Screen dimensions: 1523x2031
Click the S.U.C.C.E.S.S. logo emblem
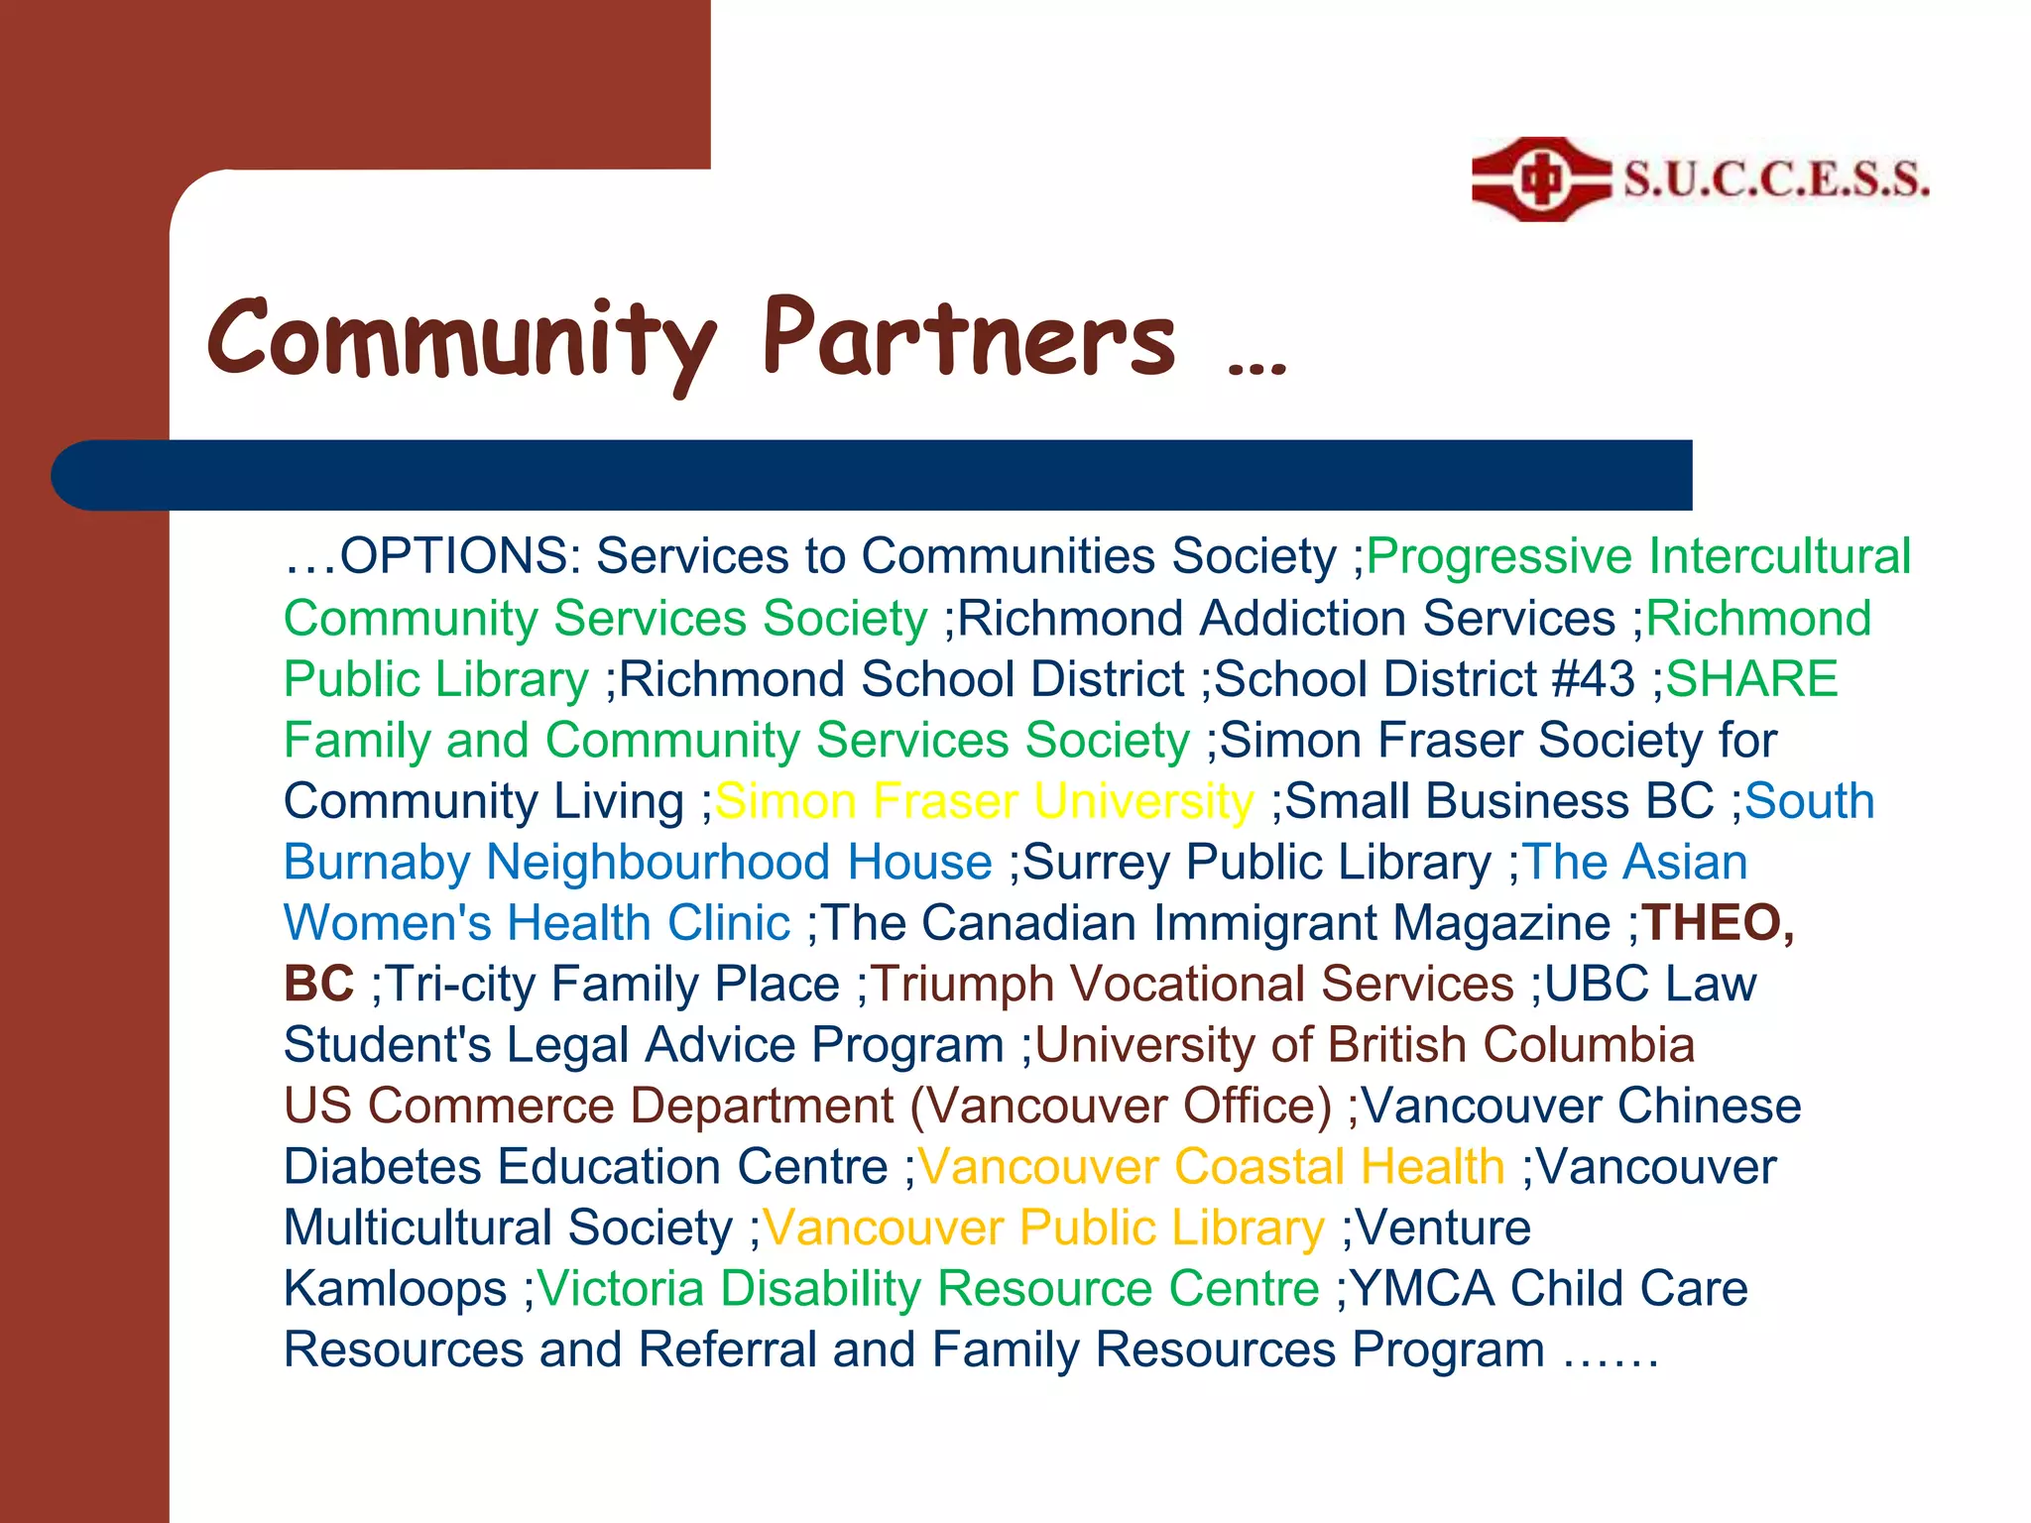pos(1540,179)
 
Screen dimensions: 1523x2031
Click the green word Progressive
pos(1498,556)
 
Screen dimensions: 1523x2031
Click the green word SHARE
pos(1751,680)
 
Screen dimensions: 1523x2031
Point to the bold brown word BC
pos(318,985)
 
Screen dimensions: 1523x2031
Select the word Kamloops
pos(395,1289)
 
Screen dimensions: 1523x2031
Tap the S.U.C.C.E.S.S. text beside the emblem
pos(1776,179)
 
